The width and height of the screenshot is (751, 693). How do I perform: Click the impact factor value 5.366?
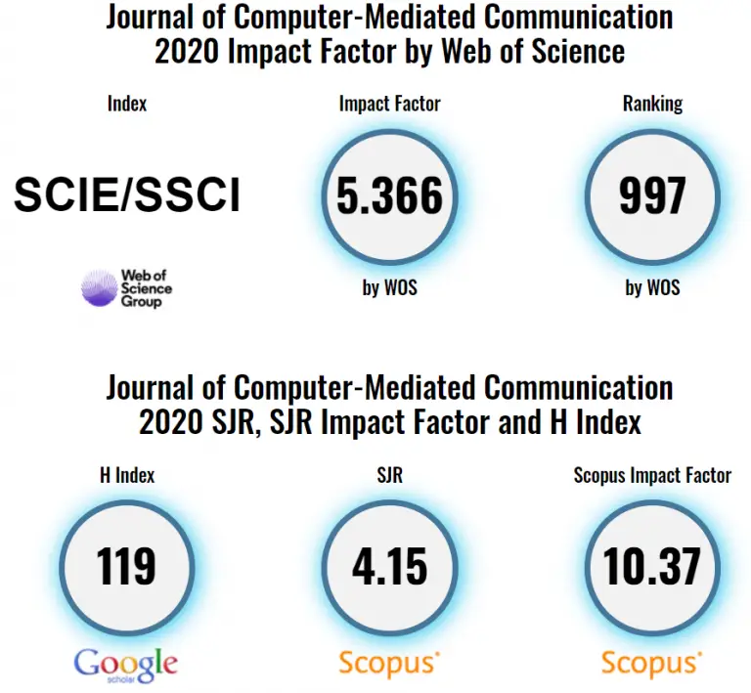point(389,196)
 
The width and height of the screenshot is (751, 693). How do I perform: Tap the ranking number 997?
point(651,196)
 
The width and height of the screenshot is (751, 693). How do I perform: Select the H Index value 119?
point(126,566)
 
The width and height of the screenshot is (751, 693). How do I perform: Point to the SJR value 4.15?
point(389,566)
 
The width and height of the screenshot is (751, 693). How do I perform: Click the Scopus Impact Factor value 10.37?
point(651,566)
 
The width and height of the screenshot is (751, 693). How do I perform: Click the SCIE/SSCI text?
point(126,196)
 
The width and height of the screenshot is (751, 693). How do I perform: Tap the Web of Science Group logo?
point(126,288)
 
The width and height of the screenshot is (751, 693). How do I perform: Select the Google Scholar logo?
point(126,664)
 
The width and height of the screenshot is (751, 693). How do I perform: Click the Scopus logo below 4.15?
point(388,664)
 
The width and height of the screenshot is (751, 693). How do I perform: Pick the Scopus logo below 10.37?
point(651,664)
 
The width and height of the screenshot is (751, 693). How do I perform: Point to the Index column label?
point(126,104)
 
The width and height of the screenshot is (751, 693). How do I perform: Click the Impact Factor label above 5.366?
point(389,104)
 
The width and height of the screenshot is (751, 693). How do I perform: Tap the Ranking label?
point(652,104)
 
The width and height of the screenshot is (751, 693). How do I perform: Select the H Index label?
point(127,476)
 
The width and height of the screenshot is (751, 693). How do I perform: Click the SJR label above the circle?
point(389,476)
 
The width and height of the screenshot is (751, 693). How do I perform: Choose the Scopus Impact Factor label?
point(652,476)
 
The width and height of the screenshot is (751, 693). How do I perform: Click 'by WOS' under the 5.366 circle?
point(389,288)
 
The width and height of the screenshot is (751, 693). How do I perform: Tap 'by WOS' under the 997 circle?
point(652,288)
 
